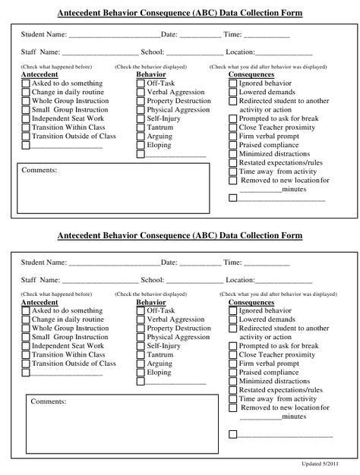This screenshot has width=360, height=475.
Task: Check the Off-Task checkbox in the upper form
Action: (141, 83)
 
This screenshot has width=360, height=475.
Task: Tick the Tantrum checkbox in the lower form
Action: (141, 355)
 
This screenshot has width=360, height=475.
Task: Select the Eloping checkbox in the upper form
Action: (141, 145)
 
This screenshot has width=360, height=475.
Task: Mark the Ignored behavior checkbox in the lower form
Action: (233, 311)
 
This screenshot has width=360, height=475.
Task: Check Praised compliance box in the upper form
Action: (233, 145)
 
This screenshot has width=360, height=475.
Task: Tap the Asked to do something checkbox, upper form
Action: (26, 83)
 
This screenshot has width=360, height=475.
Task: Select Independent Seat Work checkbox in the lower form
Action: (26, 346)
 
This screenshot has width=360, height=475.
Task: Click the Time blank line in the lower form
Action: (266, 263)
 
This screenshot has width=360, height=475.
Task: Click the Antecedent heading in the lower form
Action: (39, 302)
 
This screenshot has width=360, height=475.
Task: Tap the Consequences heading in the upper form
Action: (251, 75)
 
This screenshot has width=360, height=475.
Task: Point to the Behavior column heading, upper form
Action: (150, 75)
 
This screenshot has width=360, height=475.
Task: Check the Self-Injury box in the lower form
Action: (141, 346)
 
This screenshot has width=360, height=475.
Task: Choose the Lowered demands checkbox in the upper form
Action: (233, 92)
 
